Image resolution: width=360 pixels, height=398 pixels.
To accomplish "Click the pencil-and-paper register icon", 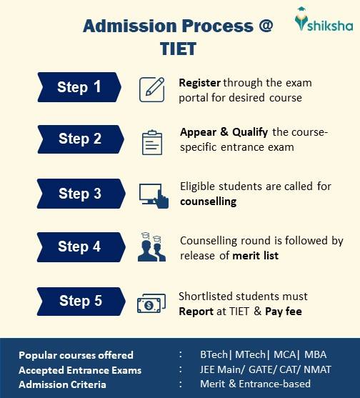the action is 151,87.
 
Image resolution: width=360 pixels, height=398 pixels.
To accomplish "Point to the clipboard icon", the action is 151,141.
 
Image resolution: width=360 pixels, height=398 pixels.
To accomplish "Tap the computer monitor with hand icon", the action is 153,194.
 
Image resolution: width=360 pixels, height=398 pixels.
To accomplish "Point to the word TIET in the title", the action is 178,50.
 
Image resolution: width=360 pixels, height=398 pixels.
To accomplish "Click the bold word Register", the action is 199,83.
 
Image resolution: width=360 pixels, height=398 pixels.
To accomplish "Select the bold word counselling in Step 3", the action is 208,202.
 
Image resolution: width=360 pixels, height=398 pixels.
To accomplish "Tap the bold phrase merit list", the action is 255,255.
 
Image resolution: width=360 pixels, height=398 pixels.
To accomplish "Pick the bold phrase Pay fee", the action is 284,312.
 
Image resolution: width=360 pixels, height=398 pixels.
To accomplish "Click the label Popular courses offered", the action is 76,355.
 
